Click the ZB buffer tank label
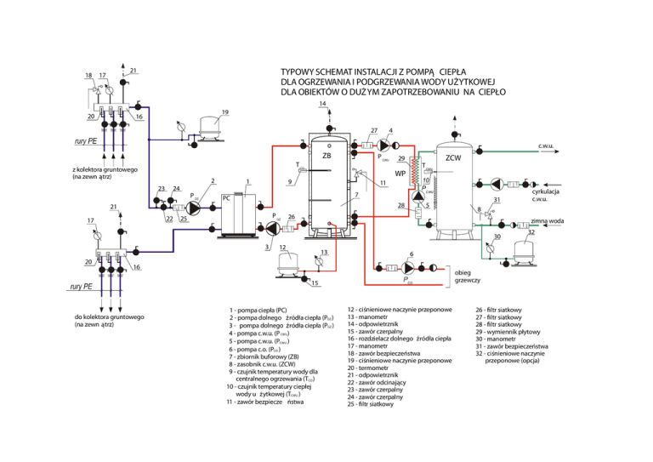(x=326, y=156)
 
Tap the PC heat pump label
(x=226, y=198)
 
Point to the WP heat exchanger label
(x=400, y=174)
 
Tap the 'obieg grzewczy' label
(x=468, y=276)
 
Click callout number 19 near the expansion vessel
(x=224, y=111)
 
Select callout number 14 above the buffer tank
(x=323, y=105)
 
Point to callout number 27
(x=373, y=130)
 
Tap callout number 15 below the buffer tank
(x=314, y=282)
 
